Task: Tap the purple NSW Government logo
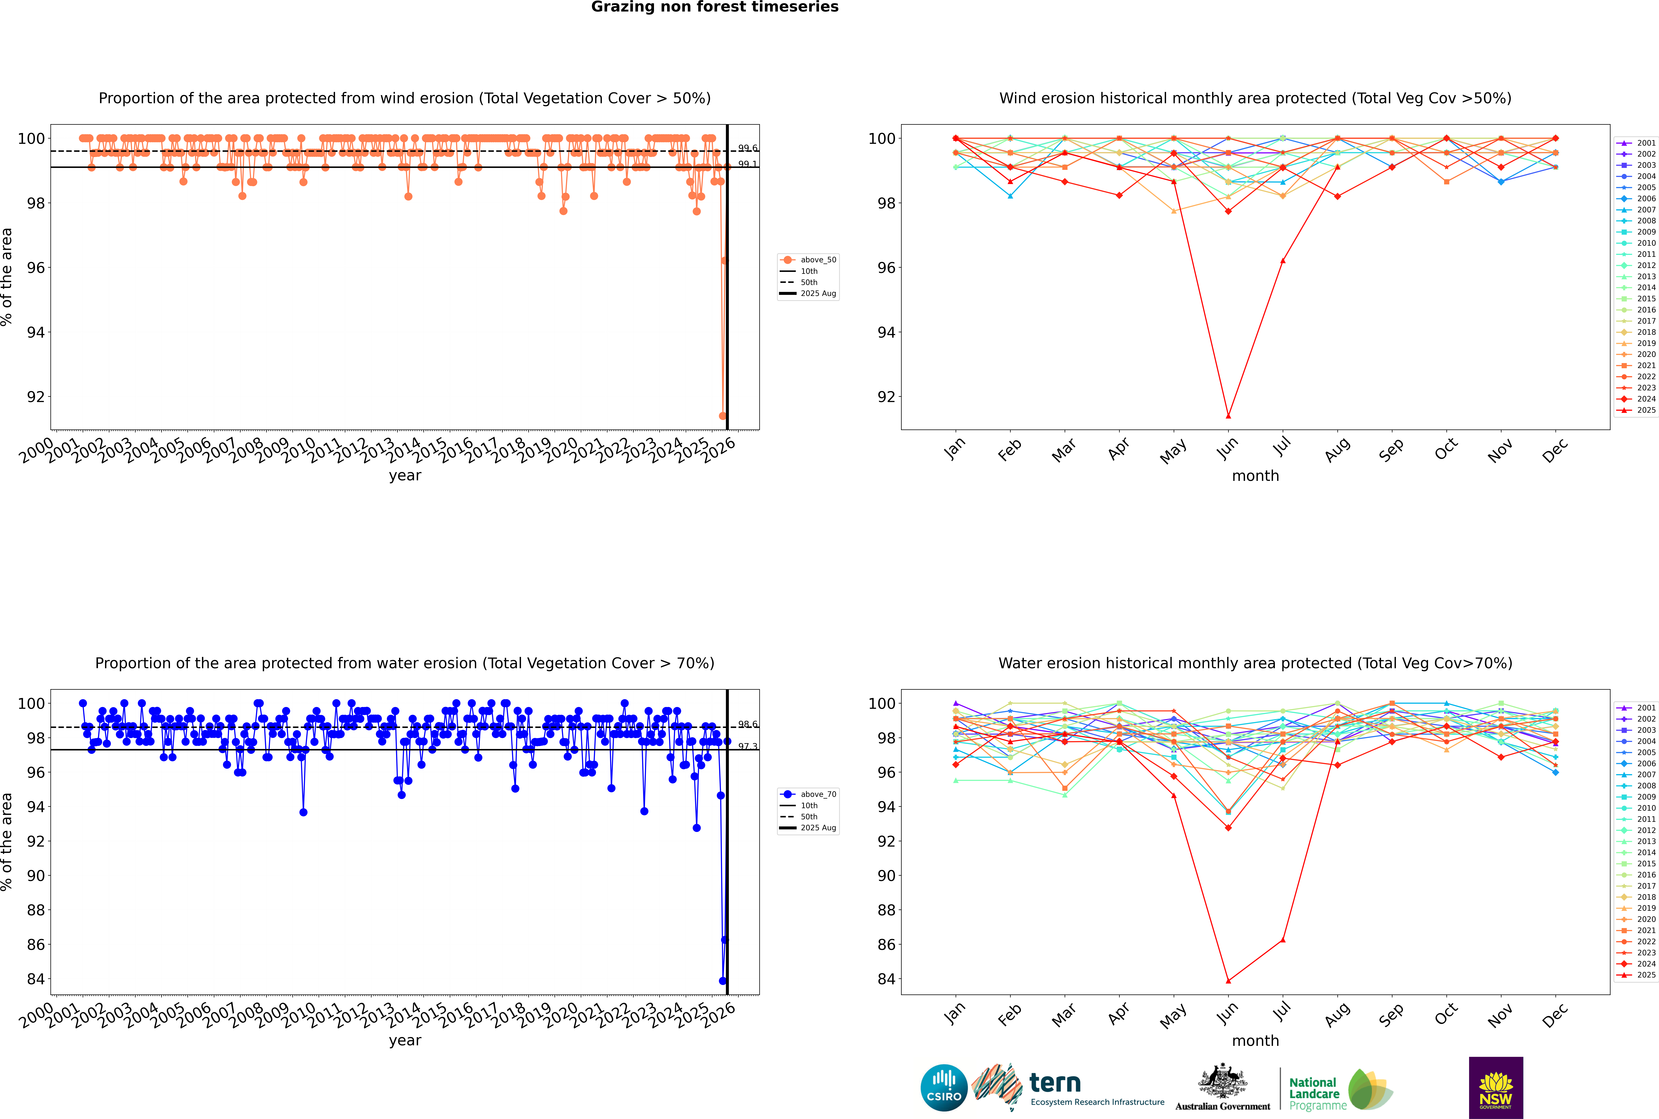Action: pos(1496,1087)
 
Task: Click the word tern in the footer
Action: pos(1055,1083)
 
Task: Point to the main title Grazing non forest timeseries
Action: pos(715,7)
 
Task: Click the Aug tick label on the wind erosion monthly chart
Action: pos(1337,450)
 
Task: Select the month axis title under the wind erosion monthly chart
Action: pos(1255,476)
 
